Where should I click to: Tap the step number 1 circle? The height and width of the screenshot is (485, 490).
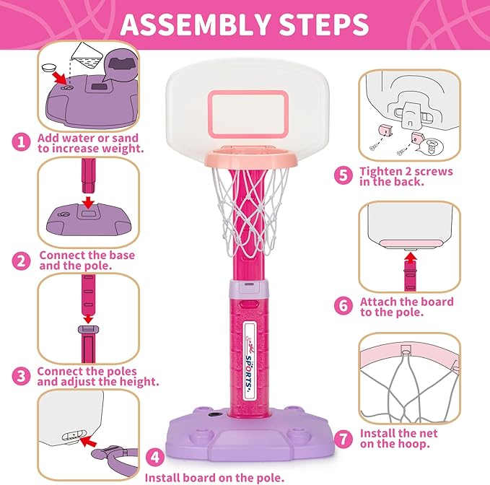click(x=22, y=141)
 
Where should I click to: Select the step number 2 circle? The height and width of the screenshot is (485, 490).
click(x=22, y=261)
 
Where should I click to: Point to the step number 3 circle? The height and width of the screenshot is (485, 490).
click(x=22, y=375)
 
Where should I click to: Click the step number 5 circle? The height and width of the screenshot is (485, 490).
click(x=344, y=175)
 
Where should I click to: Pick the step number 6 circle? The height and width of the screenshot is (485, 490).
click(x=344, y=306)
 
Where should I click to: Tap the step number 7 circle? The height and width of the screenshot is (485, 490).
click(x=344, y=437)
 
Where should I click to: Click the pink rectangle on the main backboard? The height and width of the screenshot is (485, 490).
click(x=247, y=115)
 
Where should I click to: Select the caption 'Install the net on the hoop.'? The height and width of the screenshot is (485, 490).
click(x=397, y=438)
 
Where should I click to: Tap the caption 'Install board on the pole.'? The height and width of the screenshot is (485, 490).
click(x=210, y=477)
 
